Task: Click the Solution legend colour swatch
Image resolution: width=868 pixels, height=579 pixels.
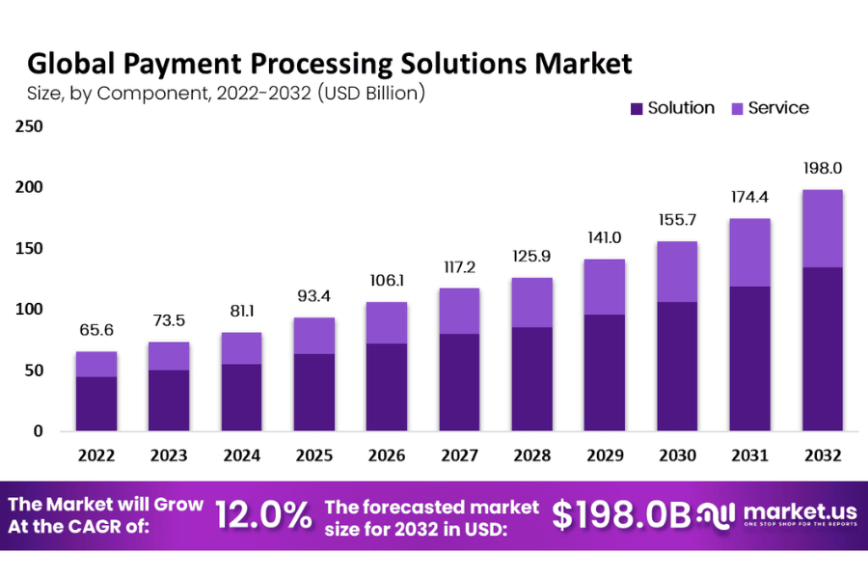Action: tap(636, 108)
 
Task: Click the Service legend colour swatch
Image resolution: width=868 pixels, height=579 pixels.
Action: tap(736, 108)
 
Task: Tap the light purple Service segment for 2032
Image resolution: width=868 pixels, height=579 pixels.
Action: tap(822, 228)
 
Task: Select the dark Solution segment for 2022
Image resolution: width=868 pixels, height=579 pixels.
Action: tap(96, 403)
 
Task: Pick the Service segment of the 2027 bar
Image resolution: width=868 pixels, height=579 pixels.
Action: tap(459, 311)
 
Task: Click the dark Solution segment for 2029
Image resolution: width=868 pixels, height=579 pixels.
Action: tap(604, 372)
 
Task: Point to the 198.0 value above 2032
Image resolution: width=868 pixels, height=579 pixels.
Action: tap(822, 169)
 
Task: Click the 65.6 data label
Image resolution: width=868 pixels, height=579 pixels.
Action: tap(96, 331)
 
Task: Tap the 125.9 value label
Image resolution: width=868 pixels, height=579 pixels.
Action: tap(531, 258)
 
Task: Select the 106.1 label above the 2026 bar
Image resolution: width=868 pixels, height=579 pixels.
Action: tap(387, 282)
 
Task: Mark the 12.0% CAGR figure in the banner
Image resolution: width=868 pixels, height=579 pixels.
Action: tap(263, 515)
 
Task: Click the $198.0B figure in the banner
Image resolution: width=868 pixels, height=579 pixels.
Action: tap(621, 515)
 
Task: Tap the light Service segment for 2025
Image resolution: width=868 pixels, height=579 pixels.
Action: tap(314, 335)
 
